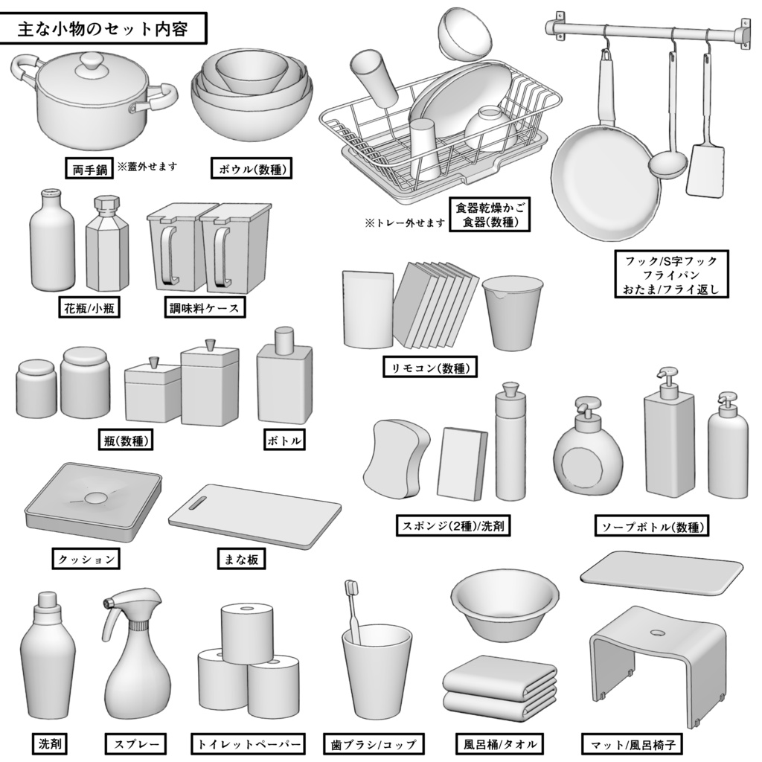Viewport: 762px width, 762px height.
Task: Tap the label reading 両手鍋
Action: tap(88, 170)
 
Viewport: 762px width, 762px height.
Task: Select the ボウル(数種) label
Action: tap(250, 170)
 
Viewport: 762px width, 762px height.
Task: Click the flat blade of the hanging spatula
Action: tap(705, 171)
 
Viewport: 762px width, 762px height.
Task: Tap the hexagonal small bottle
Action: tap(107, 249)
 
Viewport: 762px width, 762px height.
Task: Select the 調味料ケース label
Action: tap(205, 307)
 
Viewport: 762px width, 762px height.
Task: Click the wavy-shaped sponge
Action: tap(396, 458)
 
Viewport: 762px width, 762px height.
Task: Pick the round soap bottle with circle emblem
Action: tap(589, 465)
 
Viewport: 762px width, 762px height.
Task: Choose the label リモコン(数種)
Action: tap(430, 368)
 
